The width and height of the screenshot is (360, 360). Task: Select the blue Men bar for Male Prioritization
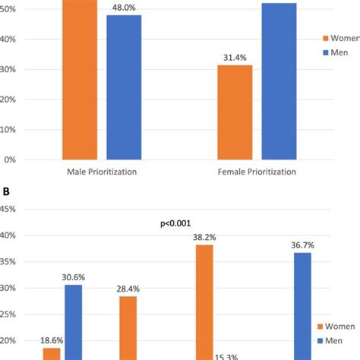(124, 87)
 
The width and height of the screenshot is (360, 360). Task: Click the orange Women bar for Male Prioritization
(80, 80)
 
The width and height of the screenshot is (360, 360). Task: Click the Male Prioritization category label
(102, 172)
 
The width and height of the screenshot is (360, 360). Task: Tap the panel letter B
(6, 191)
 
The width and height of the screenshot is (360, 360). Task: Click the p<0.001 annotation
(176, 225)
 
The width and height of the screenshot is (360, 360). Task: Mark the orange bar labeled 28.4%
(128, 327)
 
